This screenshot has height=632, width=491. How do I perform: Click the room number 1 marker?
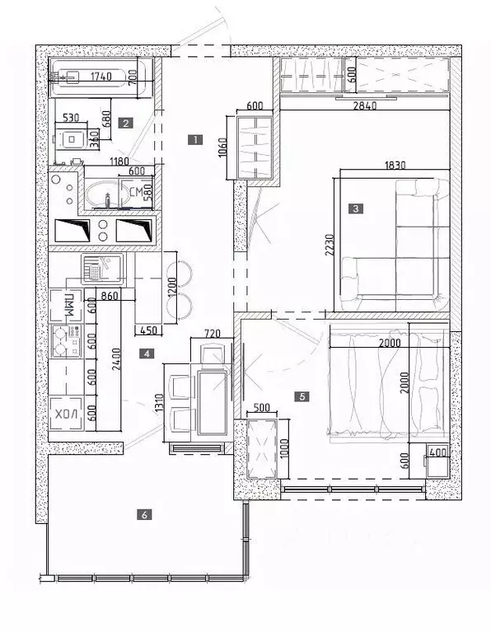[194, 139]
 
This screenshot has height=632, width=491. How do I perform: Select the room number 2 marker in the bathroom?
[125, 124]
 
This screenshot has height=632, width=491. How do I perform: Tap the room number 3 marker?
[355, 208]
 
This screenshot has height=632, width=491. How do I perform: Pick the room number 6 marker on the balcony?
[145, 515]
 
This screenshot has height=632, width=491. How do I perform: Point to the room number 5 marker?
[303, 396]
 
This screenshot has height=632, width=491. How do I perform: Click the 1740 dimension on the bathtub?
[100, 77]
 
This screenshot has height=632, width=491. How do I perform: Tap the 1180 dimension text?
[101, 162]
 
